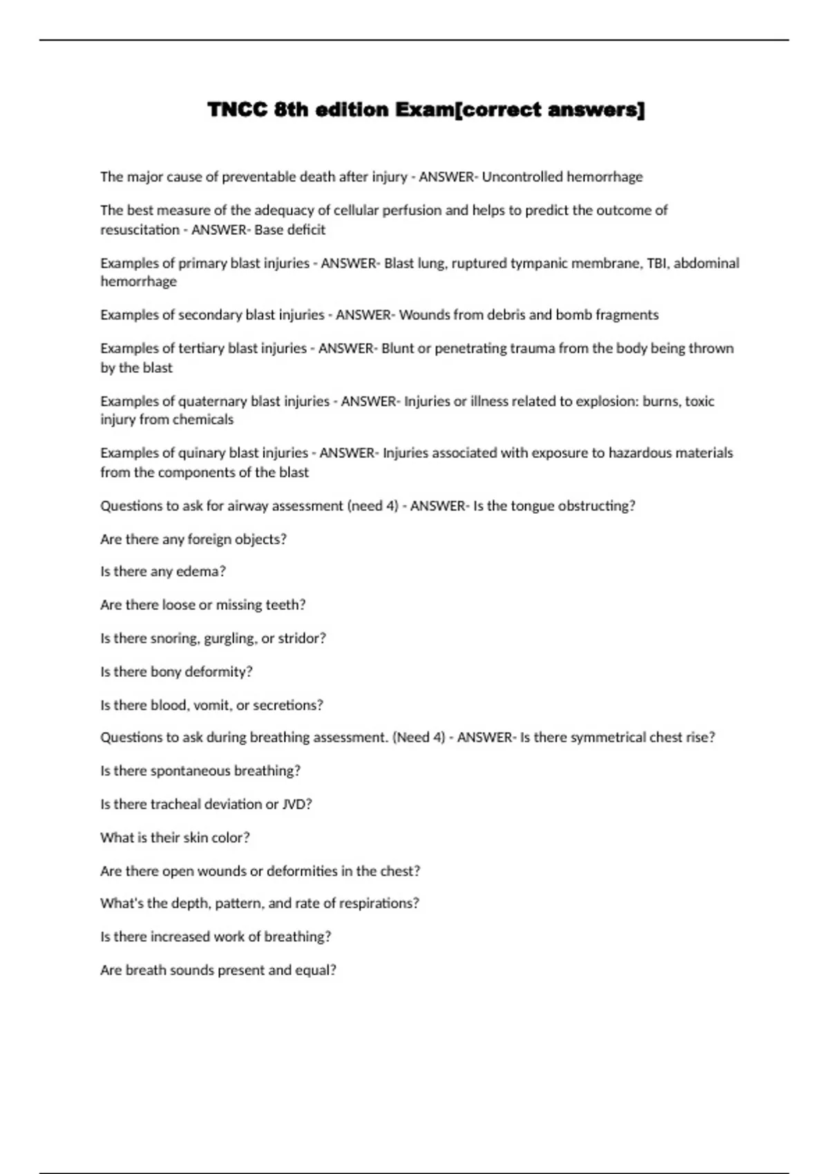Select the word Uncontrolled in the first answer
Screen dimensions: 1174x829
[x=522, y=177]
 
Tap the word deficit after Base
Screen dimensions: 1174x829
[x=306, y=230]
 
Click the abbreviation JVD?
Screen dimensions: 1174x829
[x=297, y=805]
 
